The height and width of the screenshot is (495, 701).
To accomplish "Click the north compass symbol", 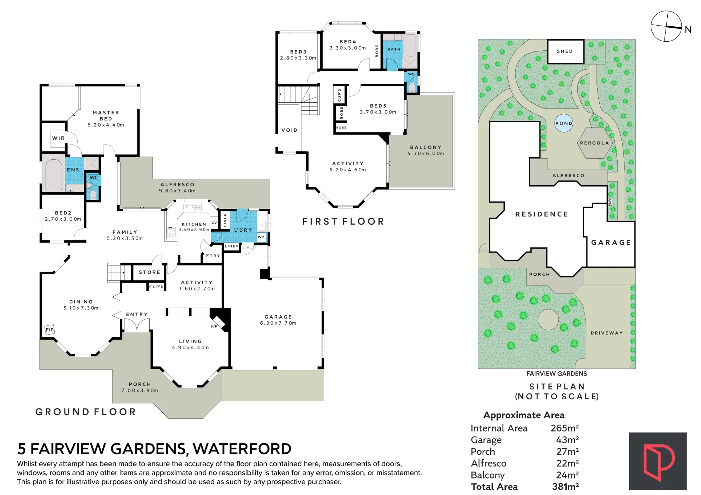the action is point(666,26).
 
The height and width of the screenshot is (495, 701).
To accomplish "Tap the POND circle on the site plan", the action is point(564,123).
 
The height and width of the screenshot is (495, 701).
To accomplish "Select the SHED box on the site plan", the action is point(566,51).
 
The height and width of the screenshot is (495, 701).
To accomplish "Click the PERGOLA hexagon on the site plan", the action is point(594,143).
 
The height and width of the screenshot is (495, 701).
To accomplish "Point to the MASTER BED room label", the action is point(106,116).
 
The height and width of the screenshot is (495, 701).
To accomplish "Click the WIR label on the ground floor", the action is point(59,138).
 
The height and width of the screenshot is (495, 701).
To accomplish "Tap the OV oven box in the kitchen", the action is point(214,223).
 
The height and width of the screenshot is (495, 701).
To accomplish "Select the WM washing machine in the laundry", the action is point(261,237).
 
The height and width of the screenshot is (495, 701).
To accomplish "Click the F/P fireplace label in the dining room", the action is point(49,329).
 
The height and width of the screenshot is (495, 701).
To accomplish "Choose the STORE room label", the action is point(150,272).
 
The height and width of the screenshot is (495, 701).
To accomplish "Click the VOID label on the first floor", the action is point(290,130).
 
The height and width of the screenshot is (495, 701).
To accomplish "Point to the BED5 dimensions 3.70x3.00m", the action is point(378,112).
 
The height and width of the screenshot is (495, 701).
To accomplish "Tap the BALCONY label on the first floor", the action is point(426,147).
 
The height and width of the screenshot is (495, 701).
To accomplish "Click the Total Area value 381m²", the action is point(565,487).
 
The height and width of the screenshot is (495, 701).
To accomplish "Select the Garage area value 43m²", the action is point(567,440).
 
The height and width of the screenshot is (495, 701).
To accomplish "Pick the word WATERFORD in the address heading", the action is point(242,449).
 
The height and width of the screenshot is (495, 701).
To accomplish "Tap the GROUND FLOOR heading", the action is point(86,412).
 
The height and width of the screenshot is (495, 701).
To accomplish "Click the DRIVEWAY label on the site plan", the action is point(607,333).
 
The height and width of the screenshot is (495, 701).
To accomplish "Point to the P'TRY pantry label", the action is point(213,256).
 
